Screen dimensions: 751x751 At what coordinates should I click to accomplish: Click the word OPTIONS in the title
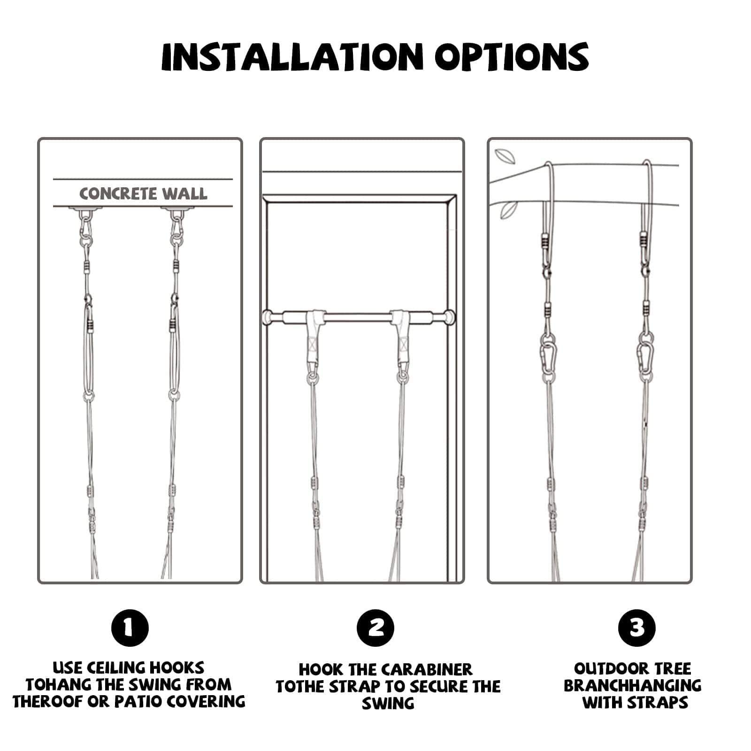511,57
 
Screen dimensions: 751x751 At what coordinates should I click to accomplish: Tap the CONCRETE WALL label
143,193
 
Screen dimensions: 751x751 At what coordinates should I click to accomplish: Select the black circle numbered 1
130,628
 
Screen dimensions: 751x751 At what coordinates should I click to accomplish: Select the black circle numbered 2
375,628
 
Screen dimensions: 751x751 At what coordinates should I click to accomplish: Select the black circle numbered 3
637,628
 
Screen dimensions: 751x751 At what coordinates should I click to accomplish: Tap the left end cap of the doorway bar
268,317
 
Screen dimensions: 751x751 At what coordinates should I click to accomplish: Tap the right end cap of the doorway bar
451,317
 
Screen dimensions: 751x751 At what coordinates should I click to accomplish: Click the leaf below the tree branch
508,209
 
